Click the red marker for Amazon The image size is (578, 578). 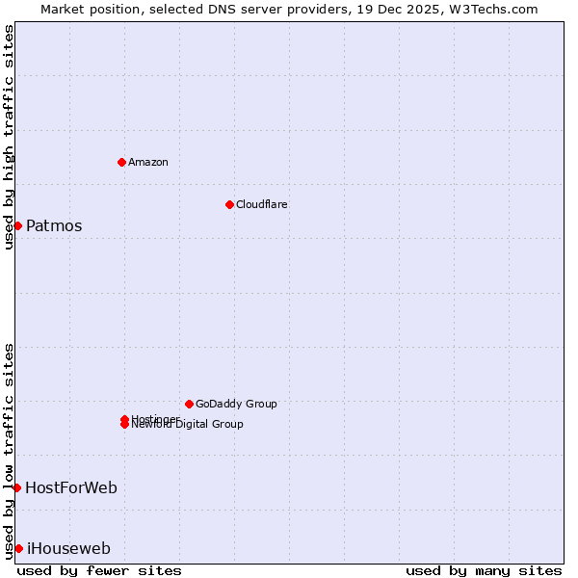pos(121,162)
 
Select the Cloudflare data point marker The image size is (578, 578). pos(229,204)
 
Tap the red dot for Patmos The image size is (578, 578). pos(17,225)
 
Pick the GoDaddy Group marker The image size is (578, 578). pos(189,404)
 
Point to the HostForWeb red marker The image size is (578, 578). pos(16,487)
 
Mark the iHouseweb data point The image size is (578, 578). pos(18,548)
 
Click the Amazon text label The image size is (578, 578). pos(148,162)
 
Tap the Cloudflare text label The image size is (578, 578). pos(262,204)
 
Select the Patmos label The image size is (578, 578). pos(54,226)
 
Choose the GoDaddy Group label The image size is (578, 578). pos(236,404)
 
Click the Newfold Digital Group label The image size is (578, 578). pos(189,425)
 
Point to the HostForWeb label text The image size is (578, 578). pos(71,488)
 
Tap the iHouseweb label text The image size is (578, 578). pos(68,549)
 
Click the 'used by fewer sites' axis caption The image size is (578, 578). pos(99,570)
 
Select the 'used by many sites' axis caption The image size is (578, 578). pos(484,570)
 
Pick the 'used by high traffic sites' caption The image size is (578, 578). pos(9,137)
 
